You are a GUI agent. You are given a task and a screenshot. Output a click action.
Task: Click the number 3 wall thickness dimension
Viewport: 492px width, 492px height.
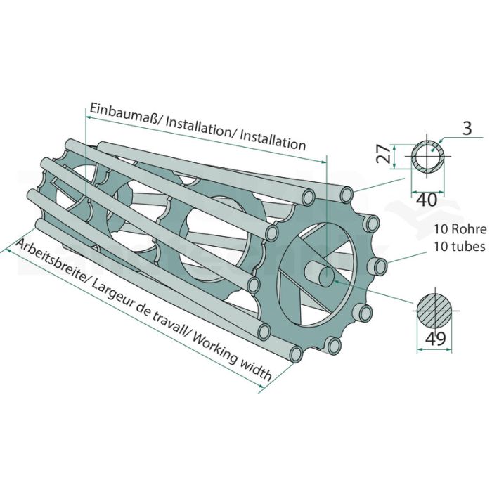467,128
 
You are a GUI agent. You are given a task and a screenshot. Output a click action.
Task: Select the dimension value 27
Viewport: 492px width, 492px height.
383,154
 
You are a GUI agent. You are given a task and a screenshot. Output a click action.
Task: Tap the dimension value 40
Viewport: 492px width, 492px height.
427,200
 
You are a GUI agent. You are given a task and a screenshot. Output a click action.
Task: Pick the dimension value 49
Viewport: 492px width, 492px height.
436,338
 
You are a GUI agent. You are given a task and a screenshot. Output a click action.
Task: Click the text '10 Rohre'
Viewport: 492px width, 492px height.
460,229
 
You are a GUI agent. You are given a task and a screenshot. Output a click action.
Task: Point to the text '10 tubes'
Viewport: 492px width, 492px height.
460,246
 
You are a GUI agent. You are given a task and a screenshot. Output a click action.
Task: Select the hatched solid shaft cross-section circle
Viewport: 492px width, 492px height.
435,311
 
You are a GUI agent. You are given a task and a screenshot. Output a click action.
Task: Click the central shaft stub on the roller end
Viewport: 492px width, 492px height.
319,274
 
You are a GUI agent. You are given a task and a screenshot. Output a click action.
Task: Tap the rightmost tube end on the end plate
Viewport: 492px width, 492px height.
380,266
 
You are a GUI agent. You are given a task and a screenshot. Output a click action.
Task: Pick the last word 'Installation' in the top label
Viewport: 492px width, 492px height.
273,141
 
